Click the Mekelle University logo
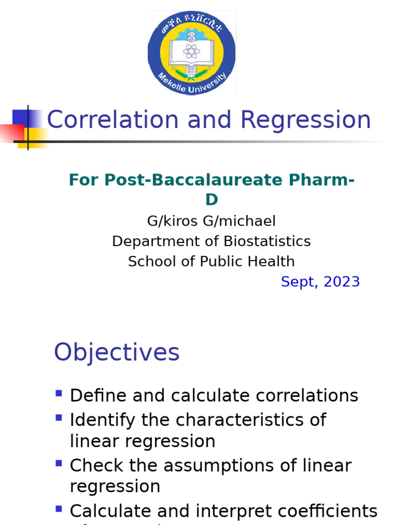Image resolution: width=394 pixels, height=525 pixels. coord(192,53)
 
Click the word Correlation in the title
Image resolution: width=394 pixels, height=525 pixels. coord(112,120)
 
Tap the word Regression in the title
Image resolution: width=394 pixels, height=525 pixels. coord(306,120)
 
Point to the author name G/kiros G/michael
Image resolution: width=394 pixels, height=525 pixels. coord(211,221)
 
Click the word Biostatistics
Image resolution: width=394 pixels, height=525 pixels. coord(267,241)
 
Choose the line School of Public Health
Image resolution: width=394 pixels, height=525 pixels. coord(211,261)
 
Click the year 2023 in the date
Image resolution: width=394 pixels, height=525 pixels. coord(342,281)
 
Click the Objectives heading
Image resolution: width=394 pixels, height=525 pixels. coord(117,353)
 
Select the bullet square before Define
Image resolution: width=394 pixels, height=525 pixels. coord(58,394)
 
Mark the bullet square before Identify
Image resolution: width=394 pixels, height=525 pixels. coord(58,418)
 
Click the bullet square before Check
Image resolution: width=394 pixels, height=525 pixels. coord(58,463)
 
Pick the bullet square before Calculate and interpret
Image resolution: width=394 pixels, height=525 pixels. coord(58,509)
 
